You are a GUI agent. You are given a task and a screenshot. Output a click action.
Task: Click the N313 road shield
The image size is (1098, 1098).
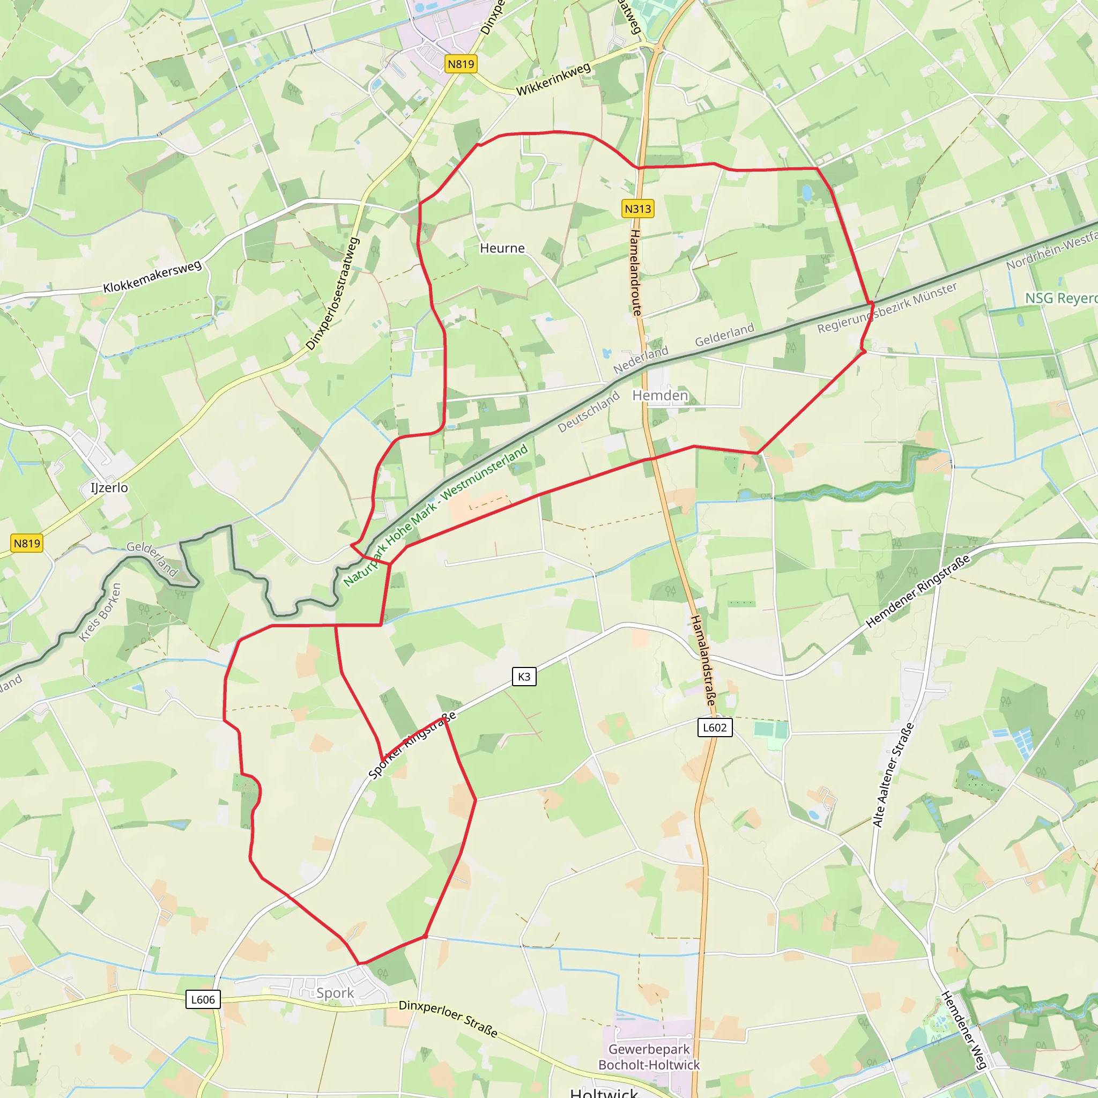pyautogui.click(x=637, y=209)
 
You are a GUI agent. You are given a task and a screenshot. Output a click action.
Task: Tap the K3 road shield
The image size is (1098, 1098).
pyautogui.click(x=523, y=676)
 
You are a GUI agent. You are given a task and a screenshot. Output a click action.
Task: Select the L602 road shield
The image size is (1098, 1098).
pyautogui.click(x=714, y=728)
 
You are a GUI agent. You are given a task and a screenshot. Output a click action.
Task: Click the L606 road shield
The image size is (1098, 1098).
pyautogui.click(x=203, y=1000)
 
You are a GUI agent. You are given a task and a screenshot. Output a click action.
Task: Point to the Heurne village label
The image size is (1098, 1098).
pyautogui.click(x=502, y=248)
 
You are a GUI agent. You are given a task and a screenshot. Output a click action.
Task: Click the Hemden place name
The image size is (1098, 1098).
pyautogui.click(x=660, y=395)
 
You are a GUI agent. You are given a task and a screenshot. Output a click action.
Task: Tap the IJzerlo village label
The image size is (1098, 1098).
pyautogui.click(x=109, y=488)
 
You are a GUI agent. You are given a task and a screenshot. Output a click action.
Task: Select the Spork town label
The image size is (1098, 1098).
pyautogui.click(x=335, y=993)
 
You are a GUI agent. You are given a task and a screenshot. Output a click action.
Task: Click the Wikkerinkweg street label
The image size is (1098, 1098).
pyautogui.click(x=553, y=79)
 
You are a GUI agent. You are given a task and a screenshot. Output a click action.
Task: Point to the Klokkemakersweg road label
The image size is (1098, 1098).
pyautogui.click(x=152, y=277)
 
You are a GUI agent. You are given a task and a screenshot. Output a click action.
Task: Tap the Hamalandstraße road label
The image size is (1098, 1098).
pyautogui.click(x=702, y=661)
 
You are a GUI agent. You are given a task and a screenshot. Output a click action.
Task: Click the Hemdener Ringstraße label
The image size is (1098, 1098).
pyautogui.click(x=917, y=592)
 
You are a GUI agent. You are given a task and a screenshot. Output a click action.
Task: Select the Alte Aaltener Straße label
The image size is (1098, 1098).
pyautogui.click(x=893, y=775)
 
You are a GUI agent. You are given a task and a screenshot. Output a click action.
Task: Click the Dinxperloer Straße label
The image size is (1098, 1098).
pyautogui.click(x=448, y=1019)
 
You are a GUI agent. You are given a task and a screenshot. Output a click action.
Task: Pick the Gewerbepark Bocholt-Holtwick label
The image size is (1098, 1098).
pyautogui.click(x=649, y=1057)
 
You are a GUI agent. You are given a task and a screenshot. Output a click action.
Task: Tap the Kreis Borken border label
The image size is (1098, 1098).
pyautogui.click(x=101, y=612)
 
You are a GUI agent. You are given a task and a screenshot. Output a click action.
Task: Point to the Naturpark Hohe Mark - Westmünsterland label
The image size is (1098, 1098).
pyautogui.click(x=436, y=514)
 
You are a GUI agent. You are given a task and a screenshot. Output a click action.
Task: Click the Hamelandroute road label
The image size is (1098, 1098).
pyautogui.click(x=635, y=273)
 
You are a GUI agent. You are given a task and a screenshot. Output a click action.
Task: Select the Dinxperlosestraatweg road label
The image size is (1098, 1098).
pyautogui.click(x=333, y=293)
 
